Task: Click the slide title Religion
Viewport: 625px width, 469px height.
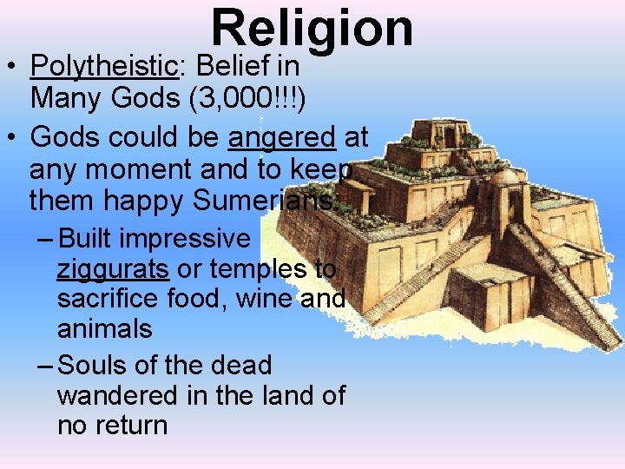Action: (x=312, y=28)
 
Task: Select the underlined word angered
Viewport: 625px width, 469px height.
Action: (x=281, y=137)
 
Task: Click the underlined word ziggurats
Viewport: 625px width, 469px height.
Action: (x=112, y=269)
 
